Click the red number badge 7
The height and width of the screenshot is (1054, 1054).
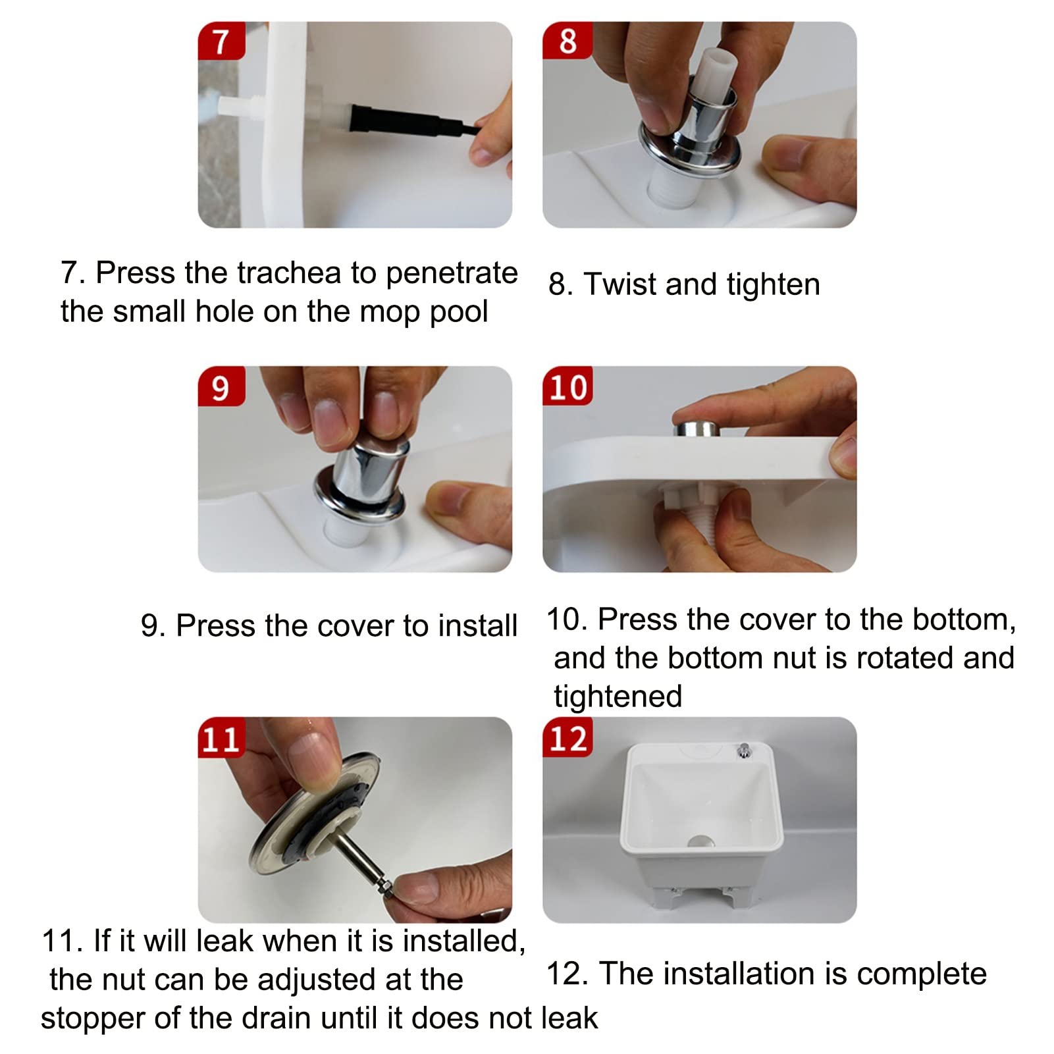click(x=221, y=41)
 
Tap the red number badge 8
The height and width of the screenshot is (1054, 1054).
click(x=567, y=41)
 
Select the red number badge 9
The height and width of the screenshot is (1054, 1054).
click(x=221, y=386)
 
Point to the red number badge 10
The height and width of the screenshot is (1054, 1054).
click(x=567, y=386)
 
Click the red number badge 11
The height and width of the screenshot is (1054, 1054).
click(x=221, y=737)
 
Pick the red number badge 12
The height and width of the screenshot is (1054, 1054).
click(x=567, y=737)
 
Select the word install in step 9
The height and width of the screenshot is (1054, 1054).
click(x=477, y=625)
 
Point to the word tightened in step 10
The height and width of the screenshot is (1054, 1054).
click(x=618, y=697)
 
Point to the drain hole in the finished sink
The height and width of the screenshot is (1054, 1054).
click(x=700, y=841)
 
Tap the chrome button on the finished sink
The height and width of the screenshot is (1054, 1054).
click(x=745, y=751)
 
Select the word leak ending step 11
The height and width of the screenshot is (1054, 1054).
click(x=569, y=1018)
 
